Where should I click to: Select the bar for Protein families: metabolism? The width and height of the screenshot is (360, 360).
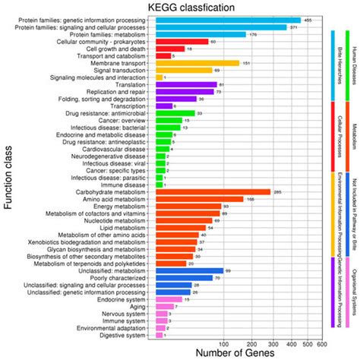click(200, 34)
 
